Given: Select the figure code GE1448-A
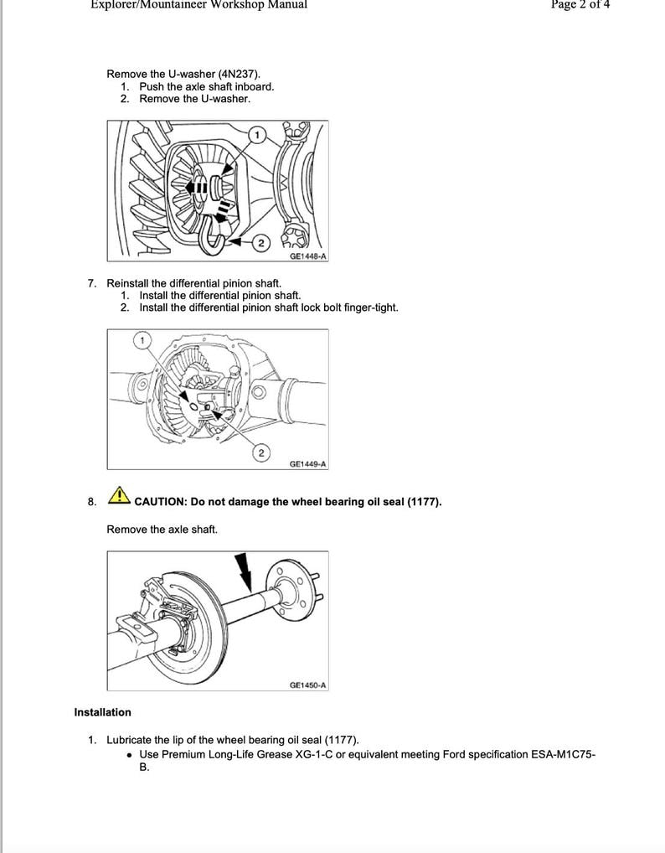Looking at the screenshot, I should (307, 256).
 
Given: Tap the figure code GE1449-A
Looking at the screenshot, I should (307, 463).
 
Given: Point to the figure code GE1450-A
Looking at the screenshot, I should (307, 685).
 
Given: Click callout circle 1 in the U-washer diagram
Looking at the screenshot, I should (257, 135).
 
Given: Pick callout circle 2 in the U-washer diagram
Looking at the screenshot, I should (260, 243).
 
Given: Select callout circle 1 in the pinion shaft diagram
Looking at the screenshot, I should (142, 339).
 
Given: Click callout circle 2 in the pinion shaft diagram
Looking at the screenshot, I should (260, 452).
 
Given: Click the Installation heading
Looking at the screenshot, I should (102, 712).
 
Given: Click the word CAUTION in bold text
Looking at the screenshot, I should (160, 502).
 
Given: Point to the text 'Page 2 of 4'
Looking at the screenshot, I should (580, 5).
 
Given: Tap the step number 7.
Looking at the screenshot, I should (92, 283).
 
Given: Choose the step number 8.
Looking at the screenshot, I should (92, 502).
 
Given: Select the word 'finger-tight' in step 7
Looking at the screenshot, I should (369, 308).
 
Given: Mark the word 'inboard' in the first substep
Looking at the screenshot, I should (253, 86).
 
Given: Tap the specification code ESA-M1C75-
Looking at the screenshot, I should (564, 754).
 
